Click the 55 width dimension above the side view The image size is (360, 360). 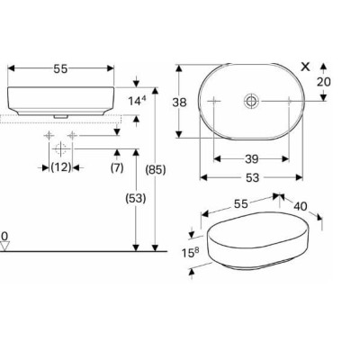60,69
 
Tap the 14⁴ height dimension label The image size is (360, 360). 137,101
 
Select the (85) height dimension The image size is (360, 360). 156,170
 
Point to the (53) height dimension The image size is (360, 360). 136,198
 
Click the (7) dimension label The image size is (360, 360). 117,167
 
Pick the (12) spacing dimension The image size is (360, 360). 61,167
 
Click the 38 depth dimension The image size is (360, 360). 179,103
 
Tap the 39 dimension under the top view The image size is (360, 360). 252,159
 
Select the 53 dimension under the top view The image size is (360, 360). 252,177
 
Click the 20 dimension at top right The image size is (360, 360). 324,82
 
